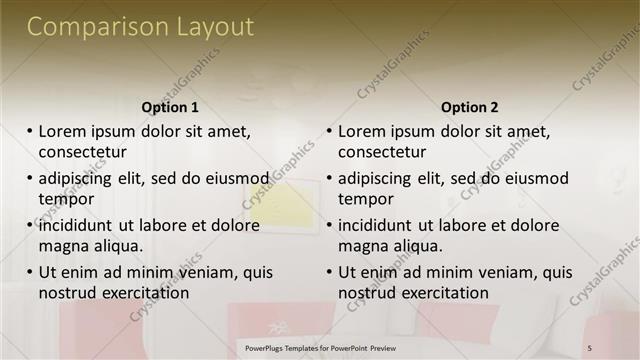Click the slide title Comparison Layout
140,27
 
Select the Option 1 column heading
170,107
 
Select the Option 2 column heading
469,107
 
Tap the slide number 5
589,347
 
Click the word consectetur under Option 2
382,152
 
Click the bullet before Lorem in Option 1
30,131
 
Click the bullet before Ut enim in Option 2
330,272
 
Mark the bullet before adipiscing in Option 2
330,179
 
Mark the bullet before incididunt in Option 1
30,226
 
